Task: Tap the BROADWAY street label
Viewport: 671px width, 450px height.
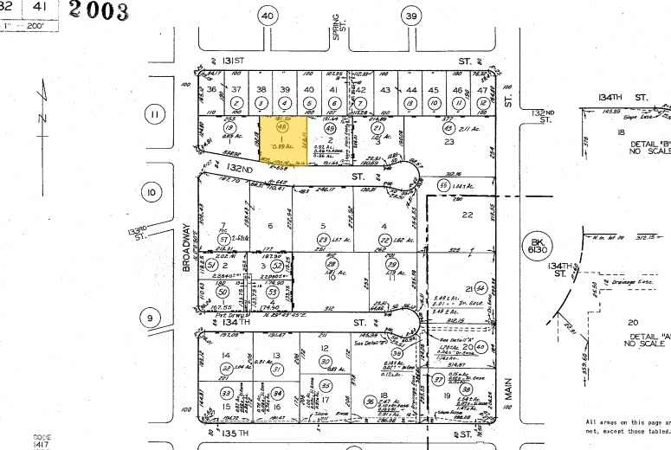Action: coord(186,249)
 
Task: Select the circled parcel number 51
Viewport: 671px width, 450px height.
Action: coord(211,266)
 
